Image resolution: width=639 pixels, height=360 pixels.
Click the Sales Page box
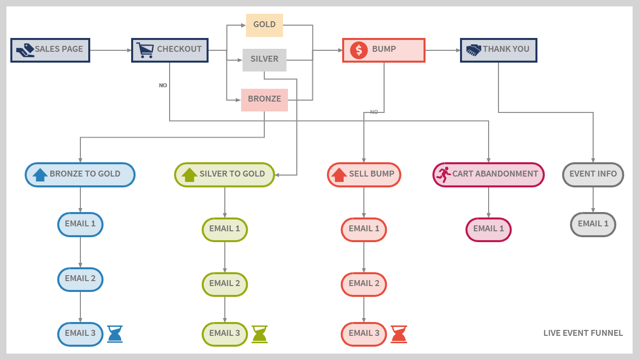click(50, 50)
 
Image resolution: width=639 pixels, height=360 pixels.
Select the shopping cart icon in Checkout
click(145, 50)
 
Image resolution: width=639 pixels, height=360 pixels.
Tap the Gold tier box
click(264, 25)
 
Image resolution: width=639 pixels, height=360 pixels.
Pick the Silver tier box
click(264, 60)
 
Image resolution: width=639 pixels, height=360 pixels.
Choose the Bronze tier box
click(264, 100)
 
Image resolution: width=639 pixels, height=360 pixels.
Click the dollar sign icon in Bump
click(358, 50)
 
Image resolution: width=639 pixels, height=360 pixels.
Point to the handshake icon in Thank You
click(473, 50)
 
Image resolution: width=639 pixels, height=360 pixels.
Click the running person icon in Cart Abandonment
click(443, 175)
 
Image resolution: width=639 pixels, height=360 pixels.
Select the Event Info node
click(593, 175)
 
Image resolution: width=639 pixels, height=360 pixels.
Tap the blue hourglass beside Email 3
click(115, 334)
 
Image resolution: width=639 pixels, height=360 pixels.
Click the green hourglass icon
click(259, 334)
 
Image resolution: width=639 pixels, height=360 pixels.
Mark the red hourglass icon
click(399, 334)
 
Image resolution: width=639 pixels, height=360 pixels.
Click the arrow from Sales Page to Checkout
click(110, 50)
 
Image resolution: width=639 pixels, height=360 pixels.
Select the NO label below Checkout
click(163, 85)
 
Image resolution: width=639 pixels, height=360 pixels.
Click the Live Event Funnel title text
click(583, 333)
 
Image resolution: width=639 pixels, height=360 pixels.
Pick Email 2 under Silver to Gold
click(225, 284)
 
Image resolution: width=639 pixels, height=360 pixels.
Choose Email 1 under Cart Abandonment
click(489, 229)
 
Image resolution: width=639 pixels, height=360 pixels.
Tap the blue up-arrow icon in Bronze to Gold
click(40, 175)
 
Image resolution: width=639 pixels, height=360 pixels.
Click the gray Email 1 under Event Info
click(593, 224)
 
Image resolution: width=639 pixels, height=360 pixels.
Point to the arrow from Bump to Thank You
click(442, 50)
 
